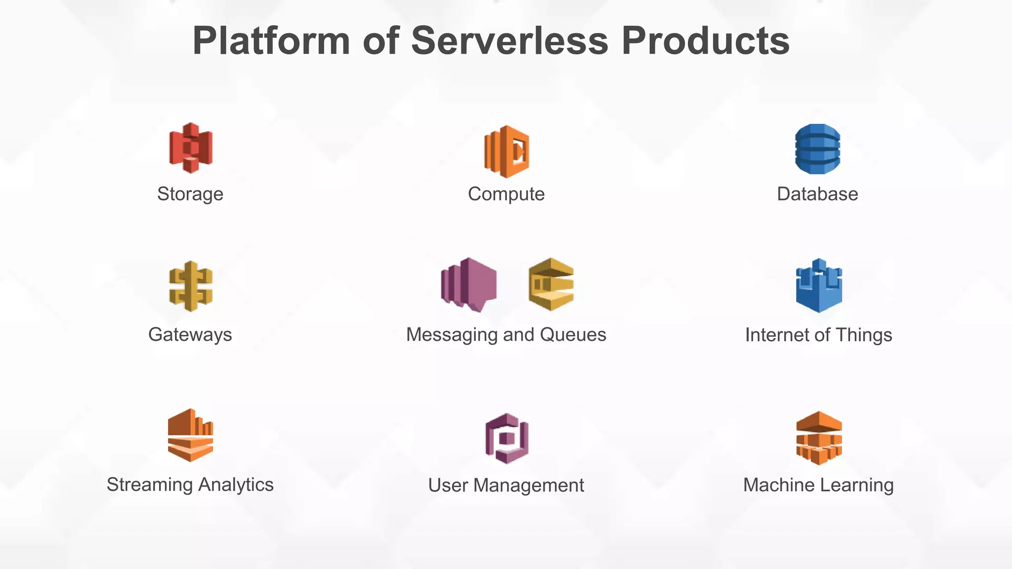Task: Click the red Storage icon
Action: (x=191, y=148)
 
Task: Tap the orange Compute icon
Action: (x=506, y=152)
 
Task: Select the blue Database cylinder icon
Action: (x=817, y=149)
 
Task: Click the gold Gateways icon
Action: (x=191, y=286)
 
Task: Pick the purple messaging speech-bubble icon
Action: (x=469, y=285)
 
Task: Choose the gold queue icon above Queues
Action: (x=551, y=284)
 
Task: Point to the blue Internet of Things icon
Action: (x=819, y=285)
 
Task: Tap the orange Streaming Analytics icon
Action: (x=190, y=435)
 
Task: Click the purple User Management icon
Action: (x=506, y=439)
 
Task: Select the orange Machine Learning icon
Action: (x=819, y=438)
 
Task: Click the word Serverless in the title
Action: (x=509, y=41)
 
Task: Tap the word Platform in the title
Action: (x=271, y=41)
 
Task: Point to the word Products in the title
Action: (x=705, y=41)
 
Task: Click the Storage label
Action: (x=190, y=194)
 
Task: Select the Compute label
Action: (x=506, y=194)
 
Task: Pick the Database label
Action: (x=817, y=194)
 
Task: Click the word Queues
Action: (x=573, y=335)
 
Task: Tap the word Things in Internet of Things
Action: (x=864, y=335)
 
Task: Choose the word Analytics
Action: (x=236, y=485)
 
